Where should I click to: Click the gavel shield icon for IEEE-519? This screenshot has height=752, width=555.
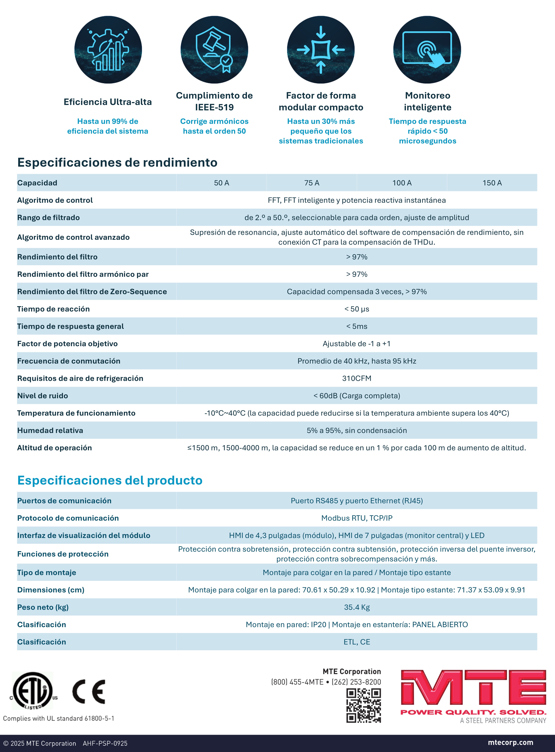point(214,50)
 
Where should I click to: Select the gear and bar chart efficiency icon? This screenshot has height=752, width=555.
point(108,50)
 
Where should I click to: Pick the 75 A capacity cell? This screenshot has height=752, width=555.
point(312,183)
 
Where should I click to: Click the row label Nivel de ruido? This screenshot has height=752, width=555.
point(43,396)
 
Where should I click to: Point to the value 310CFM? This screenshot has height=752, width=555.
point(356,378)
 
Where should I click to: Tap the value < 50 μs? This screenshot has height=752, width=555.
point(356,309)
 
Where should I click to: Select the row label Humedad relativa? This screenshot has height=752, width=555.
point(50,430)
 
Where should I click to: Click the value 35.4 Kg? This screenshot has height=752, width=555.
point(356,607)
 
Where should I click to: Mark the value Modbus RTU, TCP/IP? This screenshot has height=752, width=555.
point(356,518)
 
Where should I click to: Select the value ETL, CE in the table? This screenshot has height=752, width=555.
point(356,642)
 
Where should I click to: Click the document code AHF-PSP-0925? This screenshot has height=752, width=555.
point(105,743)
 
